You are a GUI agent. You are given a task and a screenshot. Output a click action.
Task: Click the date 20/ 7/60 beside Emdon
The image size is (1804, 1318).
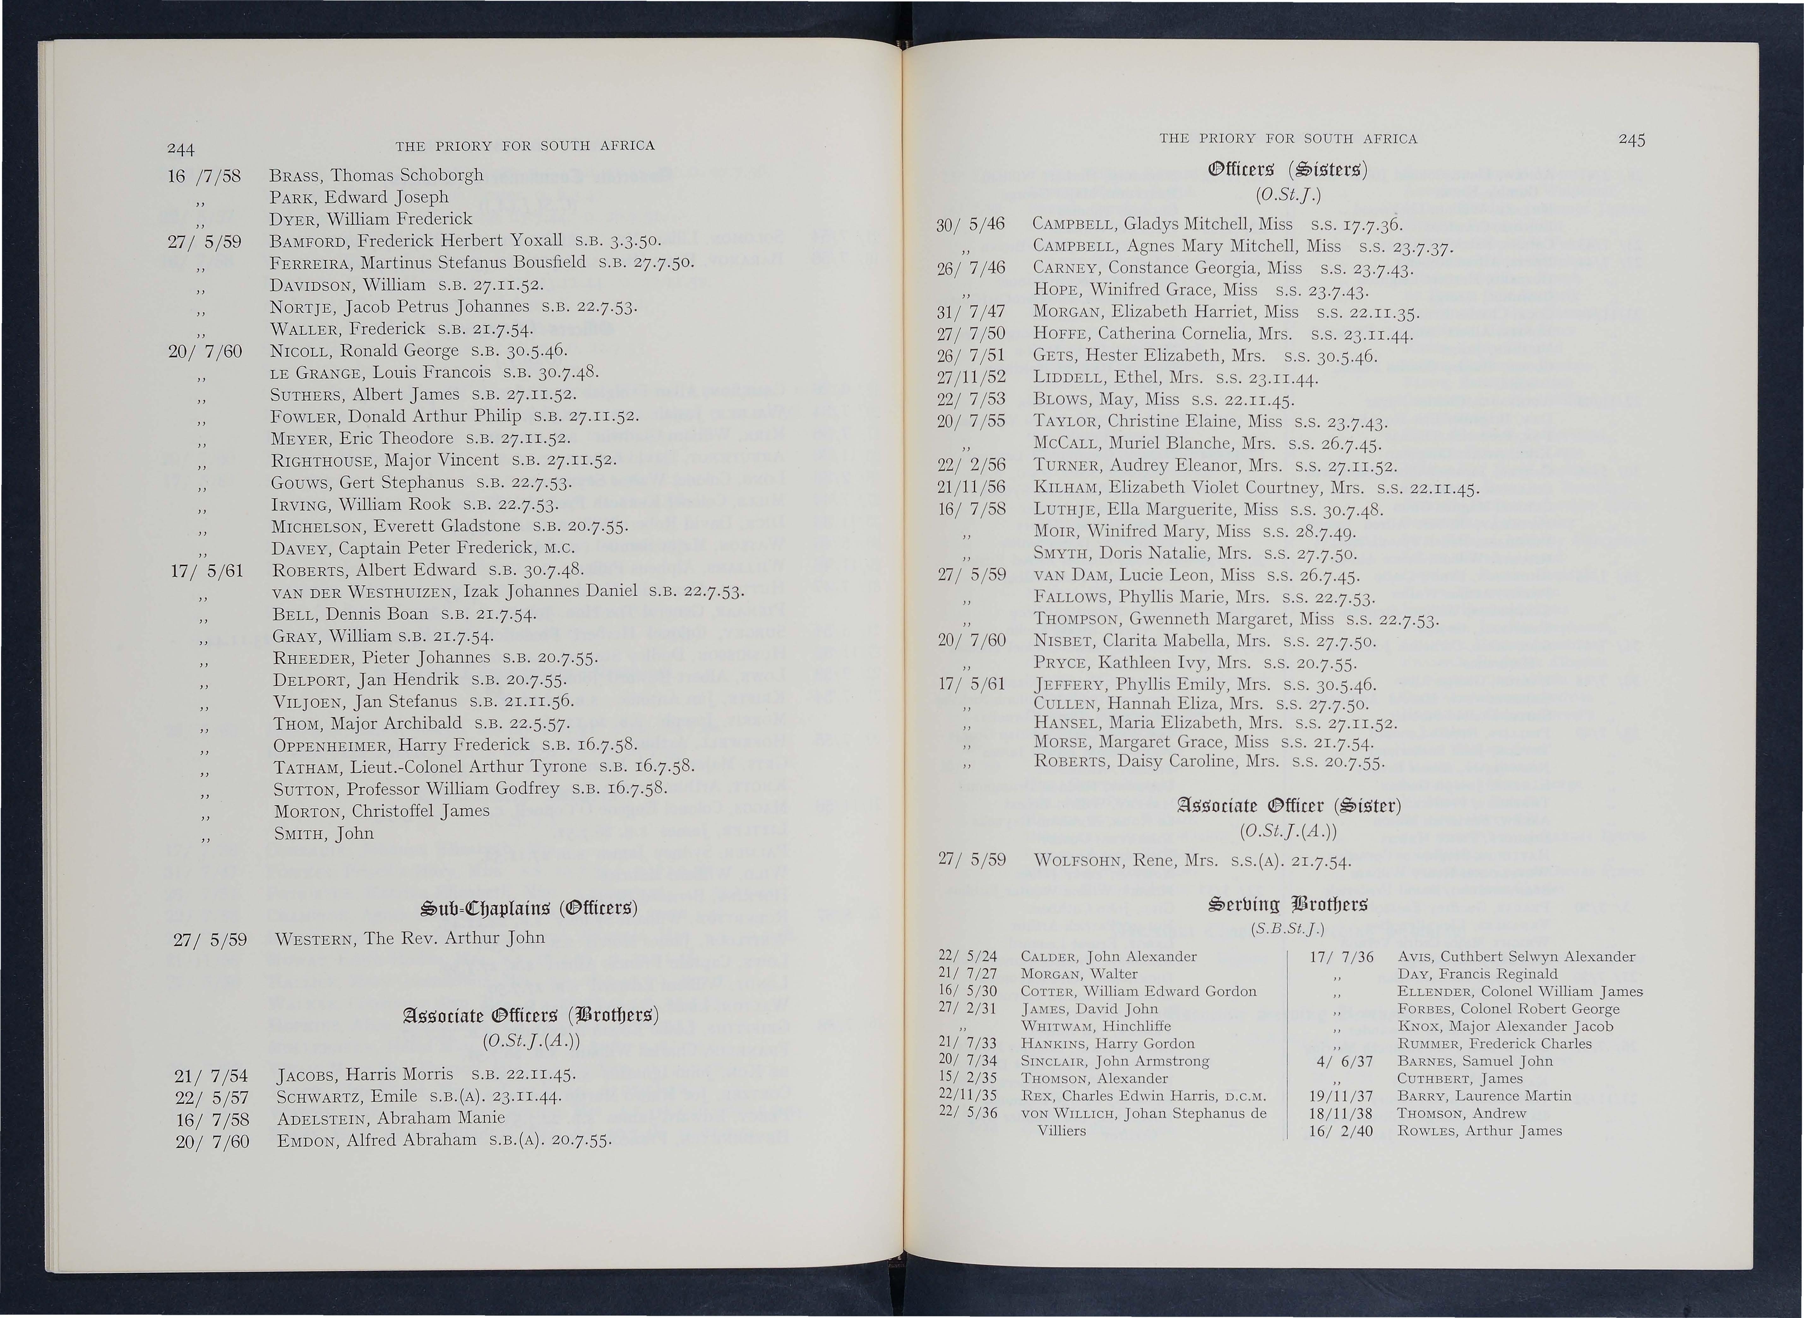coord(212,1141)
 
